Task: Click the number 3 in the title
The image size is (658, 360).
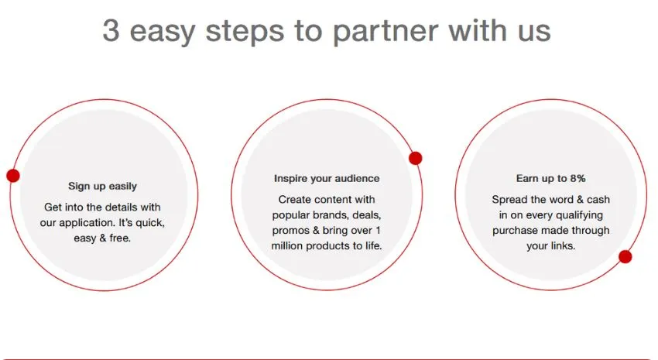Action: tap(111, 30)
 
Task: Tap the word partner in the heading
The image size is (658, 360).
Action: tap(386, 32)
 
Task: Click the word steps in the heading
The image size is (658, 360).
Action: tap(245, 32)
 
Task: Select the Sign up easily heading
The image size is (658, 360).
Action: tap(102, 186)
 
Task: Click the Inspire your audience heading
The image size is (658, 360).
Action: tap(327, 178)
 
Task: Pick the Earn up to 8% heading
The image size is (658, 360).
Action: tap(550, 178)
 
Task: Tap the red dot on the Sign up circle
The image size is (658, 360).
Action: tap(13, 176)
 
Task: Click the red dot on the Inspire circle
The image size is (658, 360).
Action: tap(416, 158)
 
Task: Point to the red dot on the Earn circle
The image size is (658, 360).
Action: tap(625, 256)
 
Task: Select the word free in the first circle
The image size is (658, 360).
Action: tap(120, 238)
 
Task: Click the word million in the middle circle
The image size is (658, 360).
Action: tap(287, 246)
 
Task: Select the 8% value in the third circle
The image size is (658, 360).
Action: tap(577, 178)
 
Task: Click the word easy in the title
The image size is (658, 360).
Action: tap(162, 33)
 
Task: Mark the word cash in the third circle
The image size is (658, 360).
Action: tap(598, 199)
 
